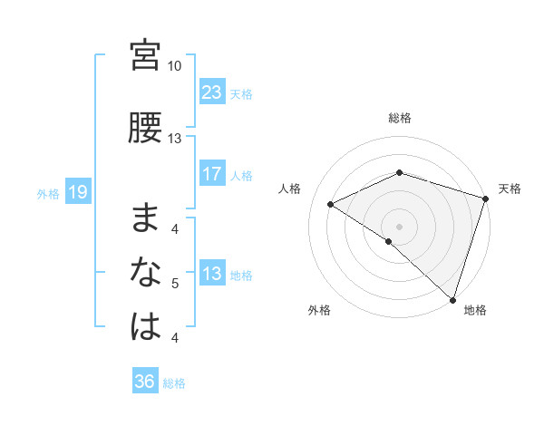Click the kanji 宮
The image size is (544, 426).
pyautogui.click(x=145, y=55)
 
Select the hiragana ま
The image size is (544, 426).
pyautogui.click(x=145, y=217)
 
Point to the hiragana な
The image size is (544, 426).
pyautogui.click(x=145, y=271)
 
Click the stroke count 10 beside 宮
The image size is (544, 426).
pyautogui.click(x=175, y=66)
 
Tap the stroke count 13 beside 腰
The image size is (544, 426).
pyautogui.click(x=175, y=139)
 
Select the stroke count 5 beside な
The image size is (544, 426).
pyautogui.click(x=175, y=284)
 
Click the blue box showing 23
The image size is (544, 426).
pyautogui.click(x=212, y=92)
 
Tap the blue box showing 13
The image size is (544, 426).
pyautogui.click(x=212, y=274)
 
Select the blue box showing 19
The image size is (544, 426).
pyautogui.click(x=78, y=192)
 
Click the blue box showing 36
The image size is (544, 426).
pyautogui.click(x=145, y=382)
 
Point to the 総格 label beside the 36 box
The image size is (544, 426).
pyautogui.click(x=174, y=382)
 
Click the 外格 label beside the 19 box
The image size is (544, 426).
pyautogui.click(x=47, y=193)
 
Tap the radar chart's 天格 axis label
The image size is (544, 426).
pyautogui.click(x=510, y=189)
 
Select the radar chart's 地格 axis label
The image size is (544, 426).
pyautogui.click(x=475, y=310)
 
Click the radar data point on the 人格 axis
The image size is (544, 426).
pyautogui.click(x=331, y=205)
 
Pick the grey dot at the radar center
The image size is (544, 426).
pyautogui.click(x=399, y=226)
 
